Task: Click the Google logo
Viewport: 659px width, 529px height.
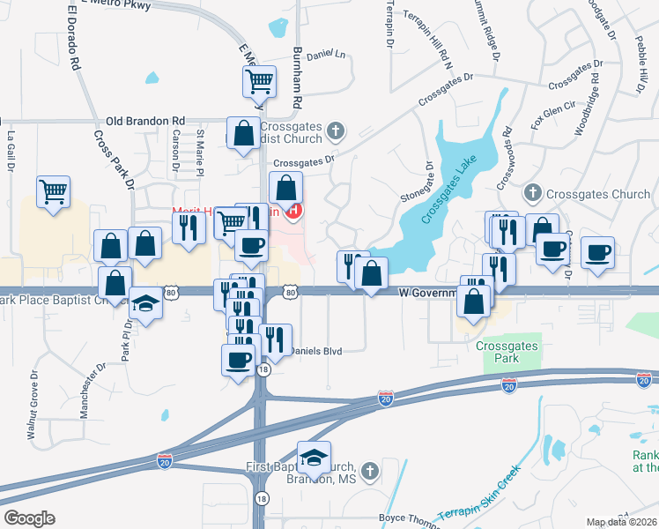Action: (x=29, y=518)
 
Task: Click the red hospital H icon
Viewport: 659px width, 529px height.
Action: (x=294, y=212)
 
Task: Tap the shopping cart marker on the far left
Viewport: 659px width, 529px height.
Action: (x=54, y=190)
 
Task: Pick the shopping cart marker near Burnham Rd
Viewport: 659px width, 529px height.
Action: (x=260, y=82)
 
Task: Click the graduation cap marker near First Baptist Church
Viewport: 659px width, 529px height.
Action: (x=313, y=457)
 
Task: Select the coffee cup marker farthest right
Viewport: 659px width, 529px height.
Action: (x=597, y=252)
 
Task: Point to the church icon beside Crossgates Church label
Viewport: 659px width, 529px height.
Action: (x=532, y=192)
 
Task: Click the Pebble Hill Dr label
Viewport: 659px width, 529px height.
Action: (x=640, y=66)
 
